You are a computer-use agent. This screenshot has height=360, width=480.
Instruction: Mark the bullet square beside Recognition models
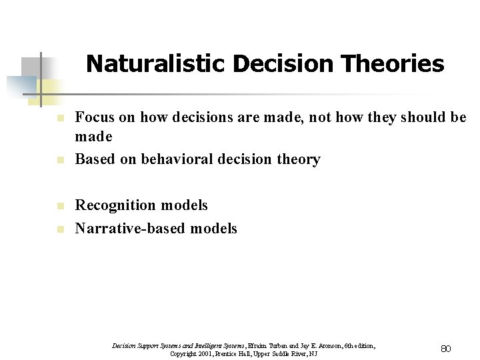pyautogui.click(x=59, y=206)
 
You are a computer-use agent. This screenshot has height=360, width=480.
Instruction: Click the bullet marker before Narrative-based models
pyautogui.click(x=59, y=229)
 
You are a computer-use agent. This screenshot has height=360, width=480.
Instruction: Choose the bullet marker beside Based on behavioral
pyautogui.click(x=59, y=161)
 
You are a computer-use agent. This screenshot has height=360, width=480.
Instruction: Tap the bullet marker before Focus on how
pyautogui.click(x=59, y=118)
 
